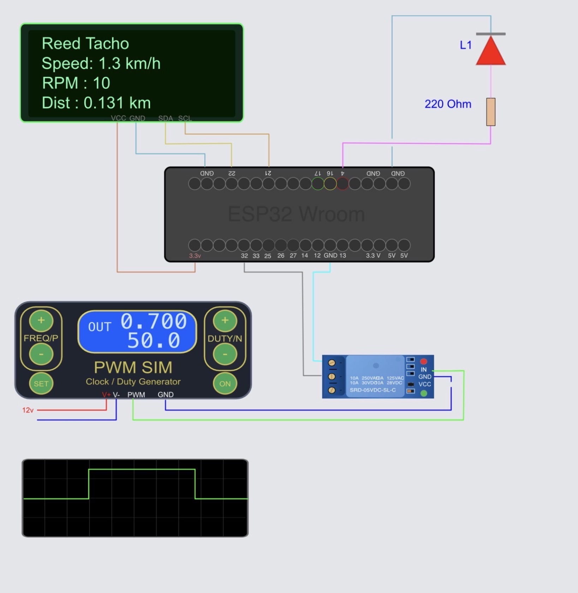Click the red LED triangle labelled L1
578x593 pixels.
[x=490, y=52]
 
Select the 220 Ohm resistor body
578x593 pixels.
[x=490, y=112]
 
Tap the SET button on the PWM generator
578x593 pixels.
[x=41, y=383]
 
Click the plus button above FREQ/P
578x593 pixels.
[x=41, y=321]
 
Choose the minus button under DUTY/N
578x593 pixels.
[x=225, y=354]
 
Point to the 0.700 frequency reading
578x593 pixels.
[x=154, y=321]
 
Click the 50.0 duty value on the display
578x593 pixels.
[x=154, y=340]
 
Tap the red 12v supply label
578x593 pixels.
[x=28, y=410]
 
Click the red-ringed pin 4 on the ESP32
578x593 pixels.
[x=342, y=184]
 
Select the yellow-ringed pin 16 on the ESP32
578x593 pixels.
[x=330, y=184]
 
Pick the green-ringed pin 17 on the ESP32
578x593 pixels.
[x=317, y=184]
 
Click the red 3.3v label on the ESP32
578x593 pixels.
[x=195, y=256]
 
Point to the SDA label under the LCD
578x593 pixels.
[x=165, y=118]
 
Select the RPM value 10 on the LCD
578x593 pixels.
[x=101, y=83]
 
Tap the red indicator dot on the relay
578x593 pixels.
[x=423, y=361]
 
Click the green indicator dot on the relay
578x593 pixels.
[x=424, y=393]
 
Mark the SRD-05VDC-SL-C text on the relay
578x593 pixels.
[x=373, y=390]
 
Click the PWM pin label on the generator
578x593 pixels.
[x=136, y=394]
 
